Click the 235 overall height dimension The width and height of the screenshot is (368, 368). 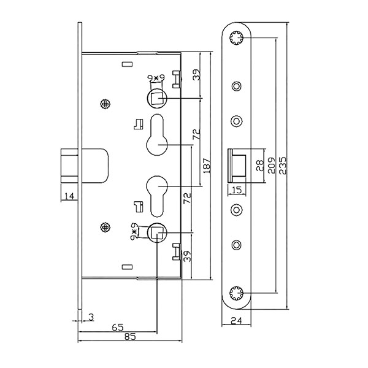coord(283,166)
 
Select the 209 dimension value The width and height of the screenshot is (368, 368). coord(272,166)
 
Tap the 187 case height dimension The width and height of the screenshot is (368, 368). coord(207,166)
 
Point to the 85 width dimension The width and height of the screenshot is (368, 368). coord(130,337)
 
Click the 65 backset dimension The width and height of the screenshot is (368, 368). coord(118,327)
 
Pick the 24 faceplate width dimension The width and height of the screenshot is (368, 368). coord(236,320)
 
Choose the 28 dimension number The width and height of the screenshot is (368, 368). coord(260,166)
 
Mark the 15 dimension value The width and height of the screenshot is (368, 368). coord(237,190)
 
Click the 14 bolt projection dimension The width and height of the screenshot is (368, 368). coord(69,196)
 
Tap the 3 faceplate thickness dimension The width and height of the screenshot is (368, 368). coord(91,317)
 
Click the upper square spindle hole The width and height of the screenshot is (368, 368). coord(157,99)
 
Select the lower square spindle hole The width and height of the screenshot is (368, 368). coord(157,232)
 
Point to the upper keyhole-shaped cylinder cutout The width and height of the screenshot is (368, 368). coord(157,134)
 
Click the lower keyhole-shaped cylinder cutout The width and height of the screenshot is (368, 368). coord(157,196)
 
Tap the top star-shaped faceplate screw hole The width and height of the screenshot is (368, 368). coord(236,37)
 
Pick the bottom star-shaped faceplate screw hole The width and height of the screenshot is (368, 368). coord(236,293)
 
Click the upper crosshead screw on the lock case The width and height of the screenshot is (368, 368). coord(105,104)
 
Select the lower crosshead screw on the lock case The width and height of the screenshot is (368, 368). coord(105,227)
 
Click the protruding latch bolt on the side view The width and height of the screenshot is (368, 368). coord(69,166)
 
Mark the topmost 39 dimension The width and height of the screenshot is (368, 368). coord(197,75)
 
